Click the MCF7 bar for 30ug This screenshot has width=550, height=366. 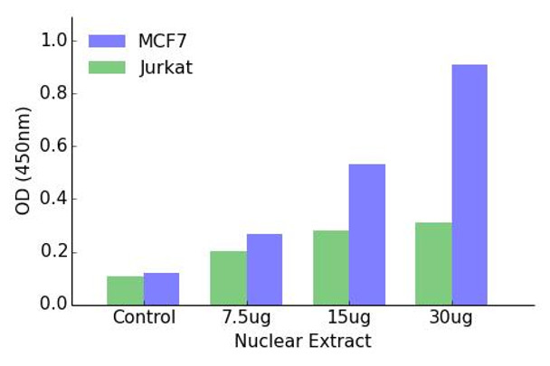coord(469,184)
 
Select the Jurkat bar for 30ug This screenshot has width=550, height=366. coord(434,263)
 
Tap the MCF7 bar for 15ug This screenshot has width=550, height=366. coord(366,234)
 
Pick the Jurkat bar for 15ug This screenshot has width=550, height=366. coord(331,267)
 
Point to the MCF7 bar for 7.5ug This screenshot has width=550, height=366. coord(264,268)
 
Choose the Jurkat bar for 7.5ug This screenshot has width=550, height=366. coord(228,277)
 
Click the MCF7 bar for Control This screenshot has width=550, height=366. coord(161,288)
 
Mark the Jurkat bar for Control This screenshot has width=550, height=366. coord(125,290)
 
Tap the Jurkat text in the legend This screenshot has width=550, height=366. coord(166,68)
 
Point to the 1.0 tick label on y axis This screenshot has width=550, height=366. coord(55,41)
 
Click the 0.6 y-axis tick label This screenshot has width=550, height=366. coord(55,146)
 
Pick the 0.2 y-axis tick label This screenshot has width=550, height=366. coord(55,252)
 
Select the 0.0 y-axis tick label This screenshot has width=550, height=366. coord(55,305)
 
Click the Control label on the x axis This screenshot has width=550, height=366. coord(143,320)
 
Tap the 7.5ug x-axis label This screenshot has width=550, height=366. coord(246,320)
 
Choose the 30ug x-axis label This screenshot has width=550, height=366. coord(452,320)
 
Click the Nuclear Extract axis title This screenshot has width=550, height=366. coord(302,342)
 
